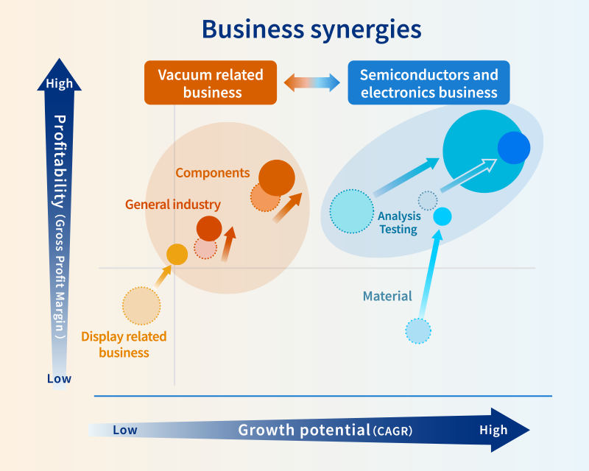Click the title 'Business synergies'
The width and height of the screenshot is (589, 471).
[x=311, y=29]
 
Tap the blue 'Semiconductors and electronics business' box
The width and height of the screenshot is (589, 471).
[x=428, y=83]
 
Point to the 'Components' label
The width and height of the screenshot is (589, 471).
[x=213, y=173]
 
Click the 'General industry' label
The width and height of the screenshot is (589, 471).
[x=172, y=205]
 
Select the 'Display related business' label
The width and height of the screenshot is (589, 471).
[x=124, y=344]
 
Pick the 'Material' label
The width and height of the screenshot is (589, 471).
[x=387, y=297]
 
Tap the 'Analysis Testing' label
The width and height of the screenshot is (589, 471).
[x=398, y=222]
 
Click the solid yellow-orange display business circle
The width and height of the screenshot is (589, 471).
[x=177, y=254]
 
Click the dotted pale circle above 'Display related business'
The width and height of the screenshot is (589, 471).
[x=141, y=305]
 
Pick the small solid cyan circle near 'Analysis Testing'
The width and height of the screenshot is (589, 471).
[x=442, y=216]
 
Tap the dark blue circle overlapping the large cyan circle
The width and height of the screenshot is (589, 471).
[x=513, y=147]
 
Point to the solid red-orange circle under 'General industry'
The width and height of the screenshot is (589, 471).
[x=209, y=228]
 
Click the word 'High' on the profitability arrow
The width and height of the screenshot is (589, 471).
[x=60, y=83]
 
